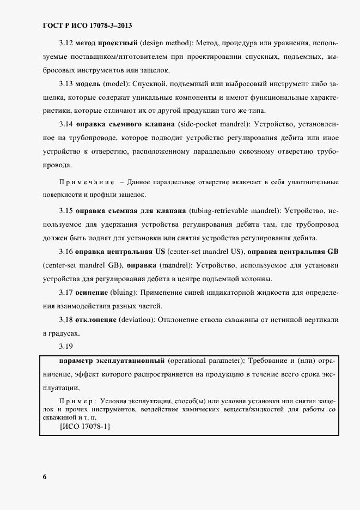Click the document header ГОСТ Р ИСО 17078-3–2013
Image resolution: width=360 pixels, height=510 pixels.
click(87, 25)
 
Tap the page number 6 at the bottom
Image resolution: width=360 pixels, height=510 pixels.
click(44, 477)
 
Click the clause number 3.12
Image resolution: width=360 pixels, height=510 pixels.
click(66, 42)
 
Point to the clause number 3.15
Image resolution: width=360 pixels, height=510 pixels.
click(66, 210)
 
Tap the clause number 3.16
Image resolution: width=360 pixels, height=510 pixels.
click(66, 252)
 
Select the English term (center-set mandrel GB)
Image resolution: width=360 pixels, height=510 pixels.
click(82, 265)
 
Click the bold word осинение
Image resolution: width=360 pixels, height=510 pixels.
click(92, 293)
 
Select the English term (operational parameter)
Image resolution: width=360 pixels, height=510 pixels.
click(206, 361)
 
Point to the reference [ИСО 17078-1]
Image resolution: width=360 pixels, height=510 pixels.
click(84, 427)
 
